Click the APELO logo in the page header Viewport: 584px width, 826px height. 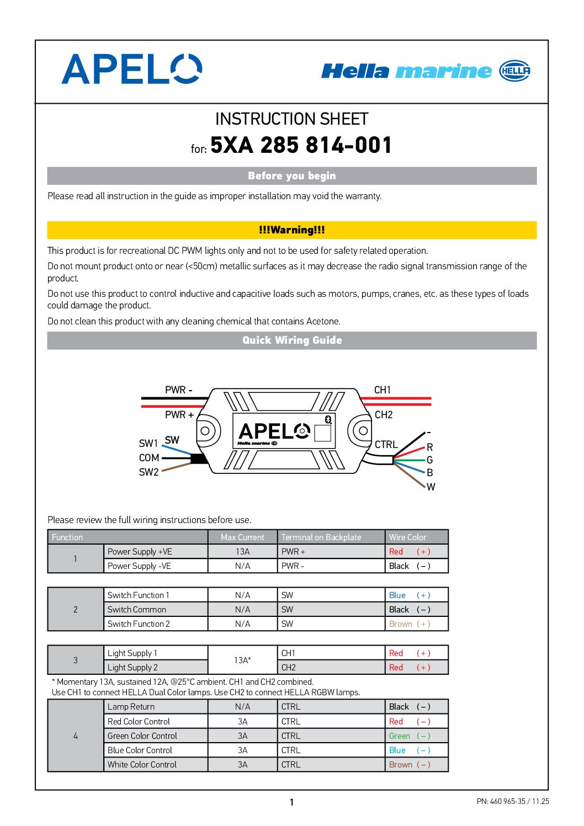coord(131,70)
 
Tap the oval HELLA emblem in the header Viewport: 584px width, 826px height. coord(514,71)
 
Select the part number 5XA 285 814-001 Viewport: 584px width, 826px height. coord(301,145)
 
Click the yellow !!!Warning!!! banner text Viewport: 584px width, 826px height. coord(291,230)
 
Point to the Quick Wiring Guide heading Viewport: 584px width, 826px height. coord(291,340)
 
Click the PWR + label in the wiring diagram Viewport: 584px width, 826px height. coord(179,415)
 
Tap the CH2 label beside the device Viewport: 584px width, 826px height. coord(384,415)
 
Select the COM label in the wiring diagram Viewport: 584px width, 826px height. coord(149,458)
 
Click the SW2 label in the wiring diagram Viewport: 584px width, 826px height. coord(149,472)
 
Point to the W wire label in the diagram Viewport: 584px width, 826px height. coord(431,487)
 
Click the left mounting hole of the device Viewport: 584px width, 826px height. coord(205,430)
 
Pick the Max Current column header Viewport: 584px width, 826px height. coord(242,537)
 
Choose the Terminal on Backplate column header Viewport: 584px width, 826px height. coord(321,537)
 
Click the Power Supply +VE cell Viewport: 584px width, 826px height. coord(140,552)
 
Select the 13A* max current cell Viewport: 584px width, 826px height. coord(242,660)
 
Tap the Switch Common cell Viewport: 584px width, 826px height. coord(137,610)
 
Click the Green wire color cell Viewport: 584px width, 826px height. coord(409,736)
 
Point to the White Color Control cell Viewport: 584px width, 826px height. coord(142,765)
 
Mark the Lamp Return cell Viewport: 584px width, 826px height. coord(131,707)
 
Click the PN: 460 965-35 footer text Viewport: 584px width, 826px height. coord(512,802)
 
